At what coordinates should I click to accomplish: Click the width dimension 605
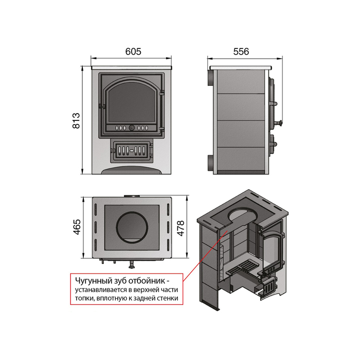(133, 51)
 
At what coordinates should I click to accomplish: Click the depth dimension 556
(241, 51)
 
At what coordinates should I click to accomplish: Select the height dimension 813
(76, 120)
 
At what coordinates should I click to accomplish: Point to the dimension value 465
(77, 227)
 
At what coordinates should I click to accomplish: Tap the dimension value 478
(181, 228)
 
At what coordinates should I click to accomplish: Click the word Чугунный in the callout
(92, 281)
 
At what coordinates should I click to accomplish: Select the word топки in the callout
(84, 298)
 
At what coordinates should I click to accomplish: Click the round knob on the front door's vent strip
(132, 128)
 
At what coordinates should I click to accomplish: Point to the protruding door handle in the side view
(279, 123)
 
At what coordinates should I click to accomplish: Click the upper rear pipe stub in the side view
(210, 78)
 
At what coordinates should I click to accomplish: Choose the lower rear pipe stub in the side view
(210, 163)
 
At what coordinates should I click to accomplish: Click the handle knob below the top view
(132, 265)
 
